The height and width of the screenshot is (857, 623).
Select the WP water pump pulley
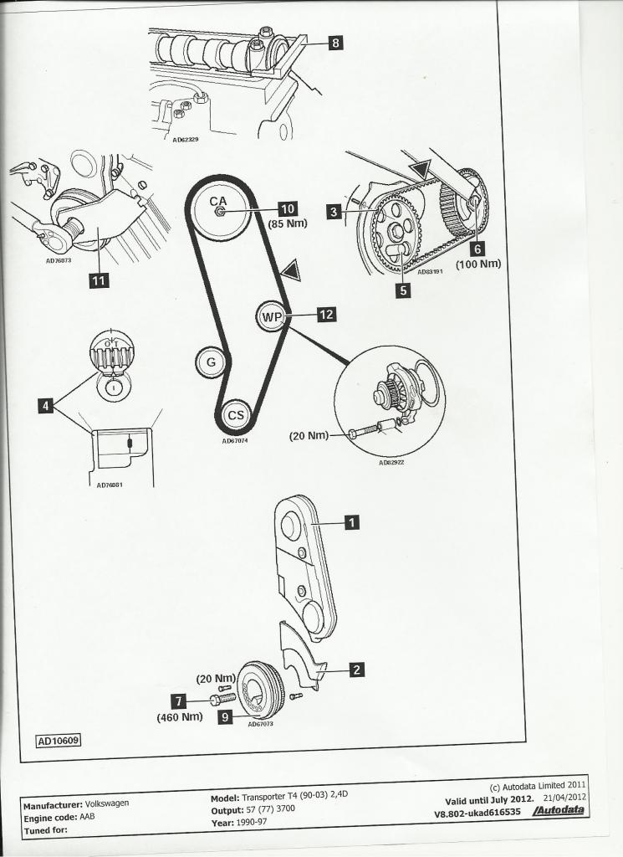(x=272, y=316)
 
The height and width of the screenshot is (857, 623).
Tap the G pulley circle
(x=211, y=362)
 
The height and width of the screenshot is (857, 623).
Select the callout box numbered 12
(x=326, y=316)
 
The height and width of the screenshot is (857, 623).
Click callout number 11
(x=98, y=280)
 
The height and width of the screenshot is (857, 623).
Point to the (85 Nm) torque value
(x=288, y=224)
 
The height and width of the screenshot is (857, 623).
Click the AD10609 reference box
(x=58, y=741)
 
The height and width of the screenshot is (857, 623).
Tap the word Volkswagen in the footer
(x=106, y=803)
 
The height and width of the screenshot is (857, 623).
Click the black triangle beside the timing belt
(x=289, y=270)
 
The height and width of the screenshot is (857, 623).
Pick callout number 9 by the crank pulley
(x=225, y=716)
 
